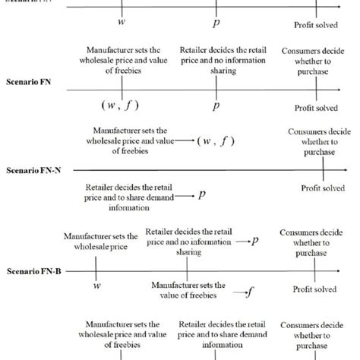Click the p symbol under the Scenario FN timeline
tap(216, 106)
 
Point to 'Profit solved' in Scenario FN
tap(315, 108)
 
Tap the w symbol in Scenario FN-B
tap(97, 286)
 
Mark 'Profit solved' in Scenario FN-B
tap(314, 289)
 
